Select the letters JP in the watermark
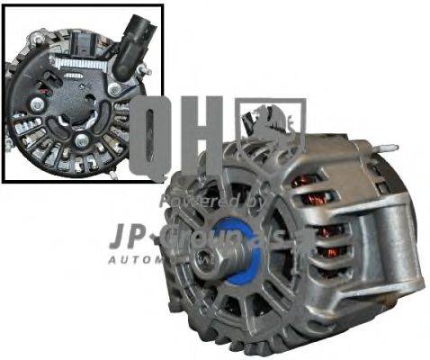pos(131,236)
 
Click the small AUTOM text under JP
pos(135,260)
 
